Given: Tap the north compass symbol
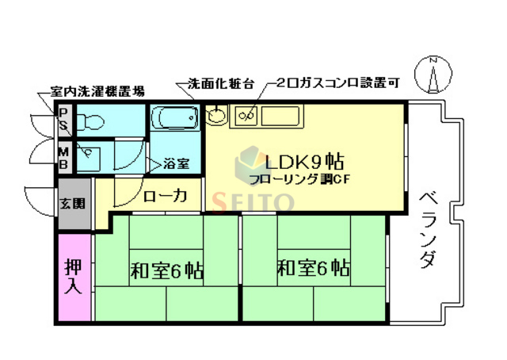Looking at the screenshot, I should (433, 76).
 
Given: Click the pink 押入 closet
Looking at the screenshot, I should (73, 278).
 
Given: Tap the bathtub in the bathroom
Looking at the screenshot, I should (176, 120).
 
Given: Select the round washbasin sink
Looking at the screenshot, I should (216, 117).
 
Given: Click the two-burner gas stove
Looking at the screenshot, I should (243, 117).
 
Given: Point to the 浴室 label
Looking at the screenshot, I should (176, 164).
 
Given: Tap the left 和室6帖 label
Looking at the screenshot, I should (166, 270).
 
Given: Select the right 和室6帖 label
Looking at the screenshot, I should (313, 267).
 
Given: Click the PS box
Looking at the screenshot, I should (63, 121).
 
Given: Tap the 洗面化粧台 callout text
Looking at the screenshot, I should (210, 83).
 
